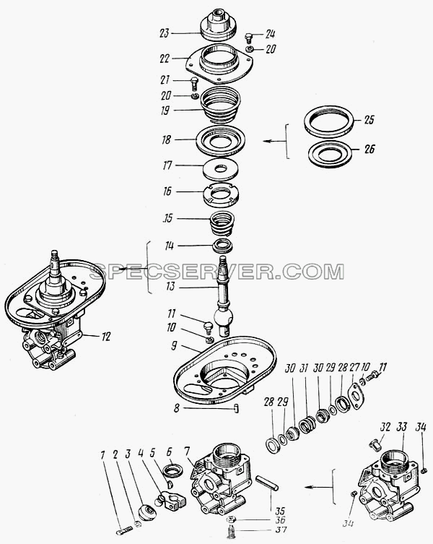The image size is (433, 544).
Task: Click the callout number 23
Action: [x=164, y=33]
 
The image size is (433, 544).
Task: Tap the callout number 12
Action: [x=106, y=336]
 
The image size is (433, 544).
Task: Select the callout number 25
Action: [x=369, y=120]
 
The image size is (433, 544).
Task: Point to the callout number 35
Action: [x=280, y=510]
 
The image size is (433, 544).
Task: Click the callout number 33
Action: [x=401, y=427]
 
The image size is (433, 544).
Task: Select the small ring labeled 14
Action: [x=222, y=246]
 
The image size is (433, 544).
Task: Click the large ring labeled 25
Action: [x=328, y=120]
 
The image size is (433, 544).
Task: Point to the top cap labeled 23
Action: [x=219, y=25]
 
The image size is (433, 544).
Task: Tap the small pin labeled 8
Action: [x=237, y=408]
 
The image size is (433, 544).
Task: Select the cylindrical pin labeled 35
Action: [x=267, y=483]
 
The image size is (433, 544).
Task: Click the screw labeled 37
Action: [x=231, y=531]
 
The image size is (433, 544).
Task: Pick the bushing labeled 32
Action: [x=375, y=445]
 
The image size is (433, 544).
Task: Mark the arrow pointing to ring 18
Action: [x=274, y=141]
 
